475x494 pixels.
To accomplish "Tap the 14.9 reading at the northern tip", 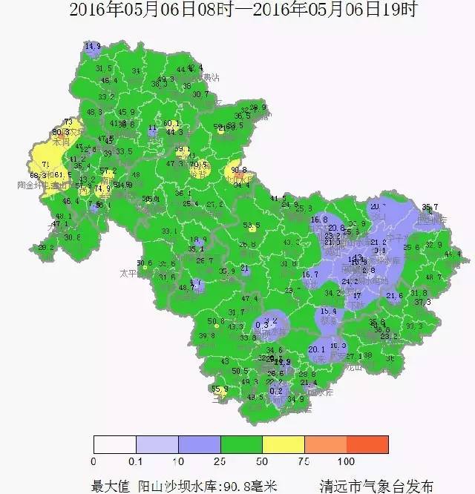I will click(93, 47).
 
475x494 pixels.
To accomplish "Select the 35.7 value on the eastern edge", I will click(430, 207).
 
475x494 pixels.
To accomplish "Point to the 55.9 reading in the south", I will click(220, 389).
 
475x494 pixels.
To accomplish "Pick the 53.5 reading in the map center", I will click(252, 225).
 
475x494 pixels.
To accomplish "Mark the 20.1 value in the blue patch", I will click(317, 349).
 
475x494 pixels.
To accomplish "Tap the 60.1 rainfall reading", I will click(171, 124).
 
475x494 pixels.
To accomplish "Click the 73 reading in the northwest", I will click(68, 122).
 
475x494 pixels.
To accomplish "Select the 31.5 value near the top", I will click(104, 68).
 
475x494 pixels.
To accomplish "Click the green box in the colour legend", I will click(241, 444).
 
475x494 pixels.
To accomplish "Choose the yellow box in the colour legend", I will click(284, 444).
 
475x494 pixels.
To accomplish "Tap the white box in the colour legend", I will click(114, 444).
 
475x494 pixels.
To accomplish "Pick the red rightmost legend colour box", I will click(367, 444).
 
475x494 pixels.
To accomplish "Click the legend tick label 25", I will click(220, 461).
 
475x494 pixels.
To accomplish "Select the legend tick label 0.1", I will click(136, 461).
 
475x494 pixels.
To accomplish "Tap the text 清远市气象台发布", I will click(376, 485).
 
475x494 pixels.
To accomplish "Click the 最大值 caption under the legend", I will click(111, 485).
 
